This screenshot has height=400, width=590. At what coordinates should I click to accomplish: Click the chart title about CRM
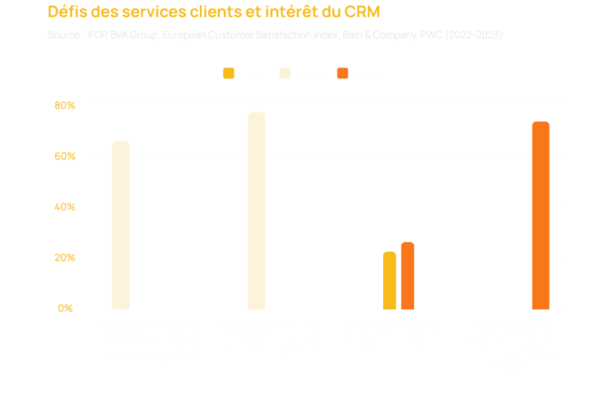click(x=214, y=12)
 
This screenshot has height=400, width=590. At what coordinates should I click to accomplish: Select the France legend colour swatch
click(x=228, y=74)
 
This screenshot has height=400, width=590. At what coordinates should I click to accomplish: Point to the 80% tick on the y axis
click(x=65, y=105)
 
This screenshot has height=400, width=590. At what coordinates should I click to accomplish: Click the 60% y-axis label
click(x=65, y=156)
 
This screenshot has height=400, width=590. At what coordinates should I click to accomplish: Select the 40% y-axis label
click(x=65, y=207)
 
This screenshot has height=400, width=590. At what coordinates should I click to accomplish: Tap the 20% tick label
click(x=65, y=258)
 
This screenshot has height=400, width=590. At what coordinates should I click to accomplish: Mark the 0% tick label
click(x=65, y=308)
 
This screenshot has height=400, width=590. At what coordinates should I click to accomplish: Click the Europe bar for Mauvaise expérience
click(x=121, y=225)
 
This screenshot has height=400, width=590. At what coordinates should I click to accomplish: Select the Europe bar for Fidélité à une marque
click(x=256, y=211)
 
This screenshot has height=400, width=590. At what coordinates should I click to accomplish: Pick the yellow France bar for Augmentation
click(x=390, y=281)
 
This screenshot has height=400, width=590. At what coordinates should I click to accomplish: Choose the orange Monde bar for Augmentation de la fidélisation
click(x=407, y=276)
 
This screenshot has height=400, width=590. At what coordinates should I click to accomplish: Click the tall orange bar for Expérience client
click(x=540, y=216)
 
